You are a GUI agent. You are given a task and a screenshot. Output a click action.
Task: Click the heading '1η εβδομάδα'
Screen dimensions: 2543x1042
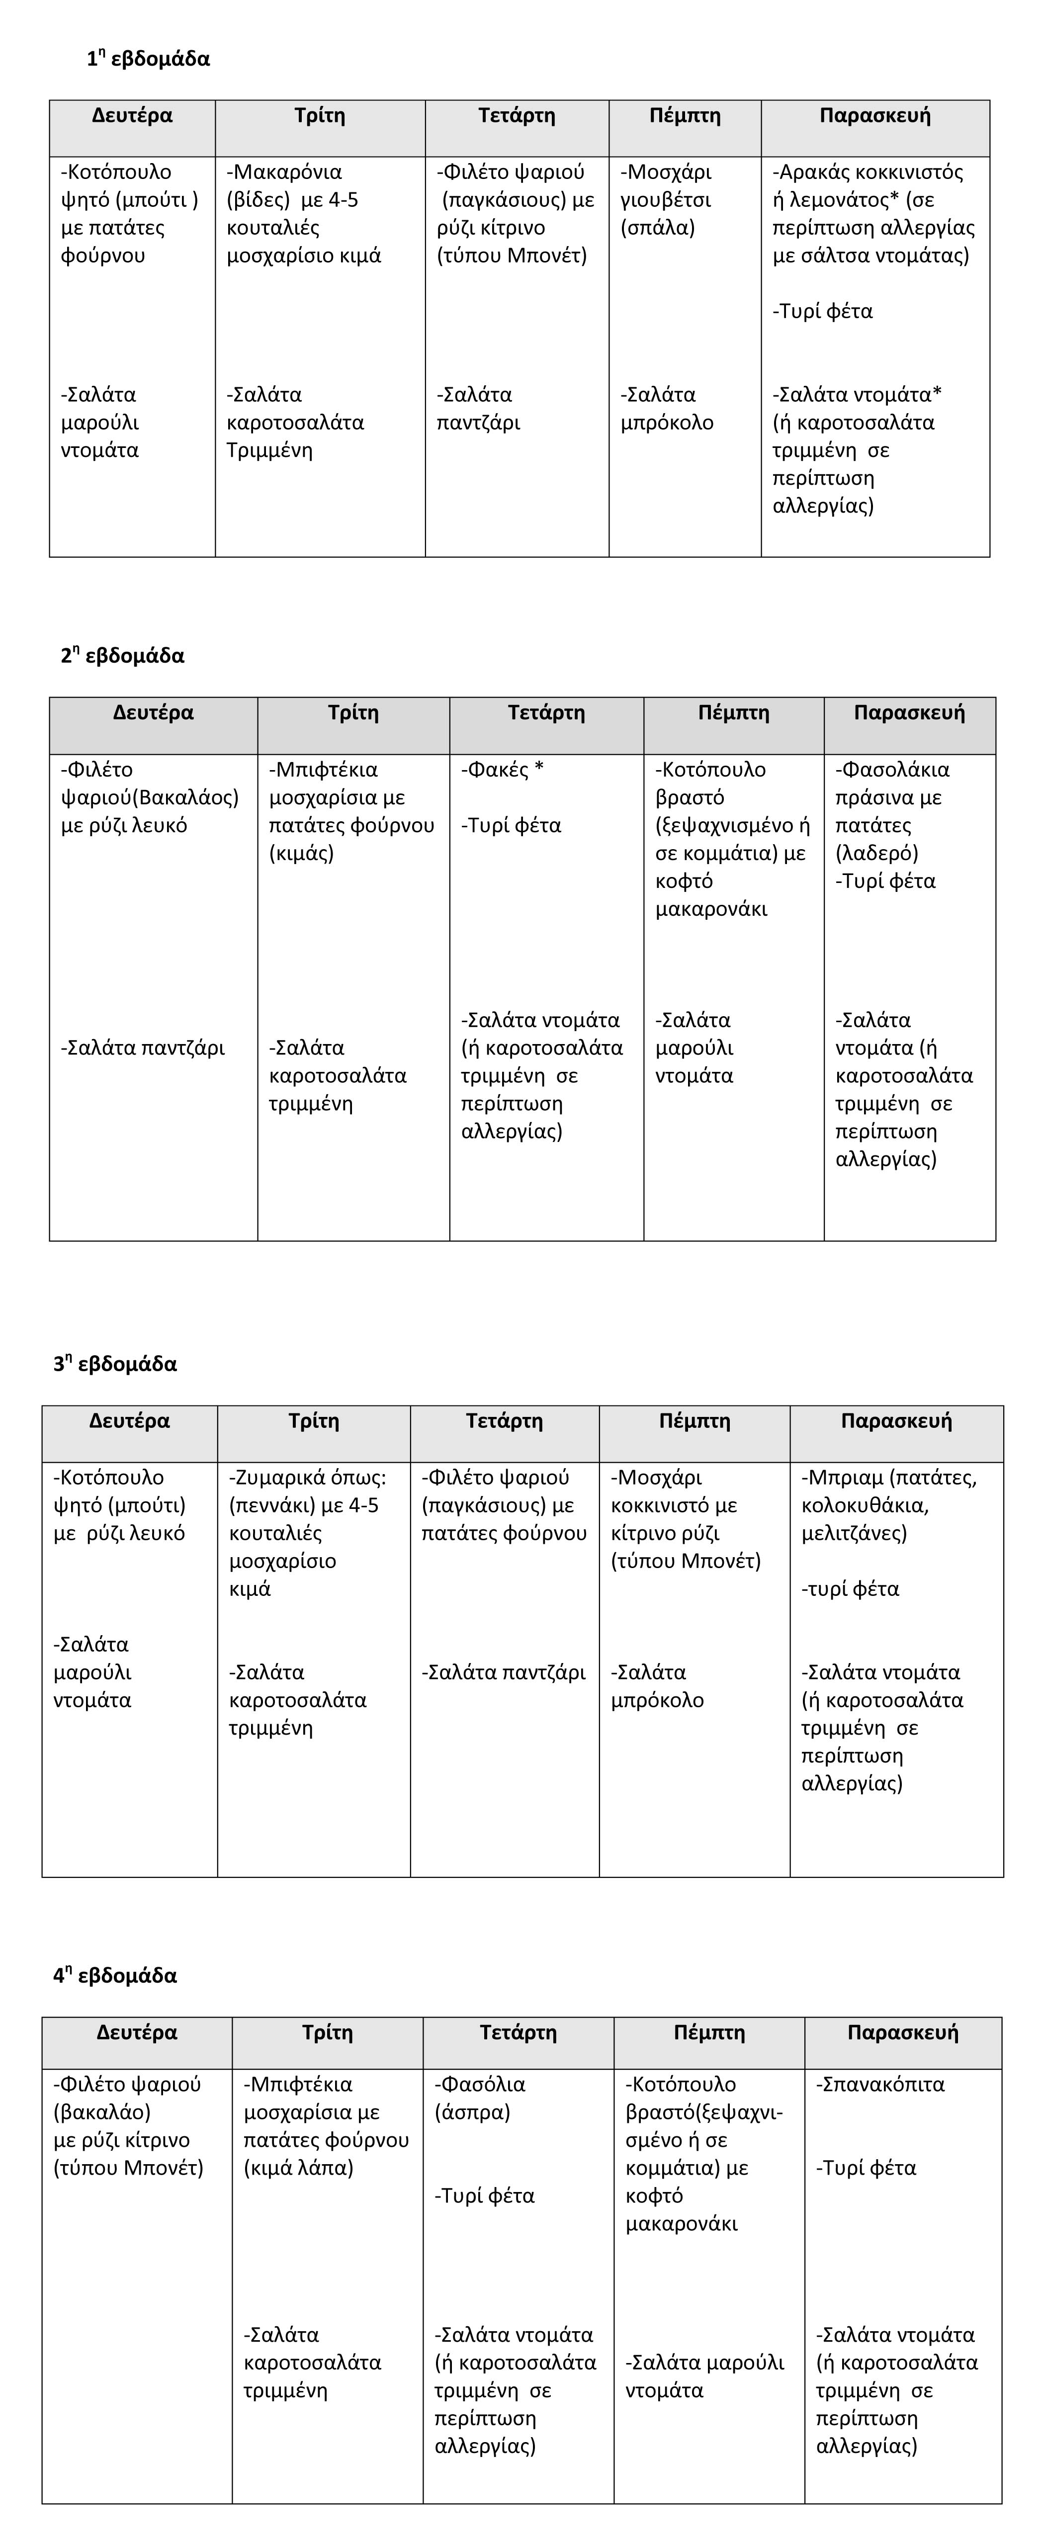(x=148, y=59)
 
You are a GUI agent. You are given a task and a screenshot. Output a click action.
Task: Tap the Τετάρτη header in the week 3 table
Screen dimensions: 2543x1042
(x=504, y=1421)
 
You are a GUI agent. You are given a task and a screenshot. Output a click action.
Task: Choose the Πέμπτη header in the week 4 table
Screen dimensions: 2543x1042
(x=708, y=2032)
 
